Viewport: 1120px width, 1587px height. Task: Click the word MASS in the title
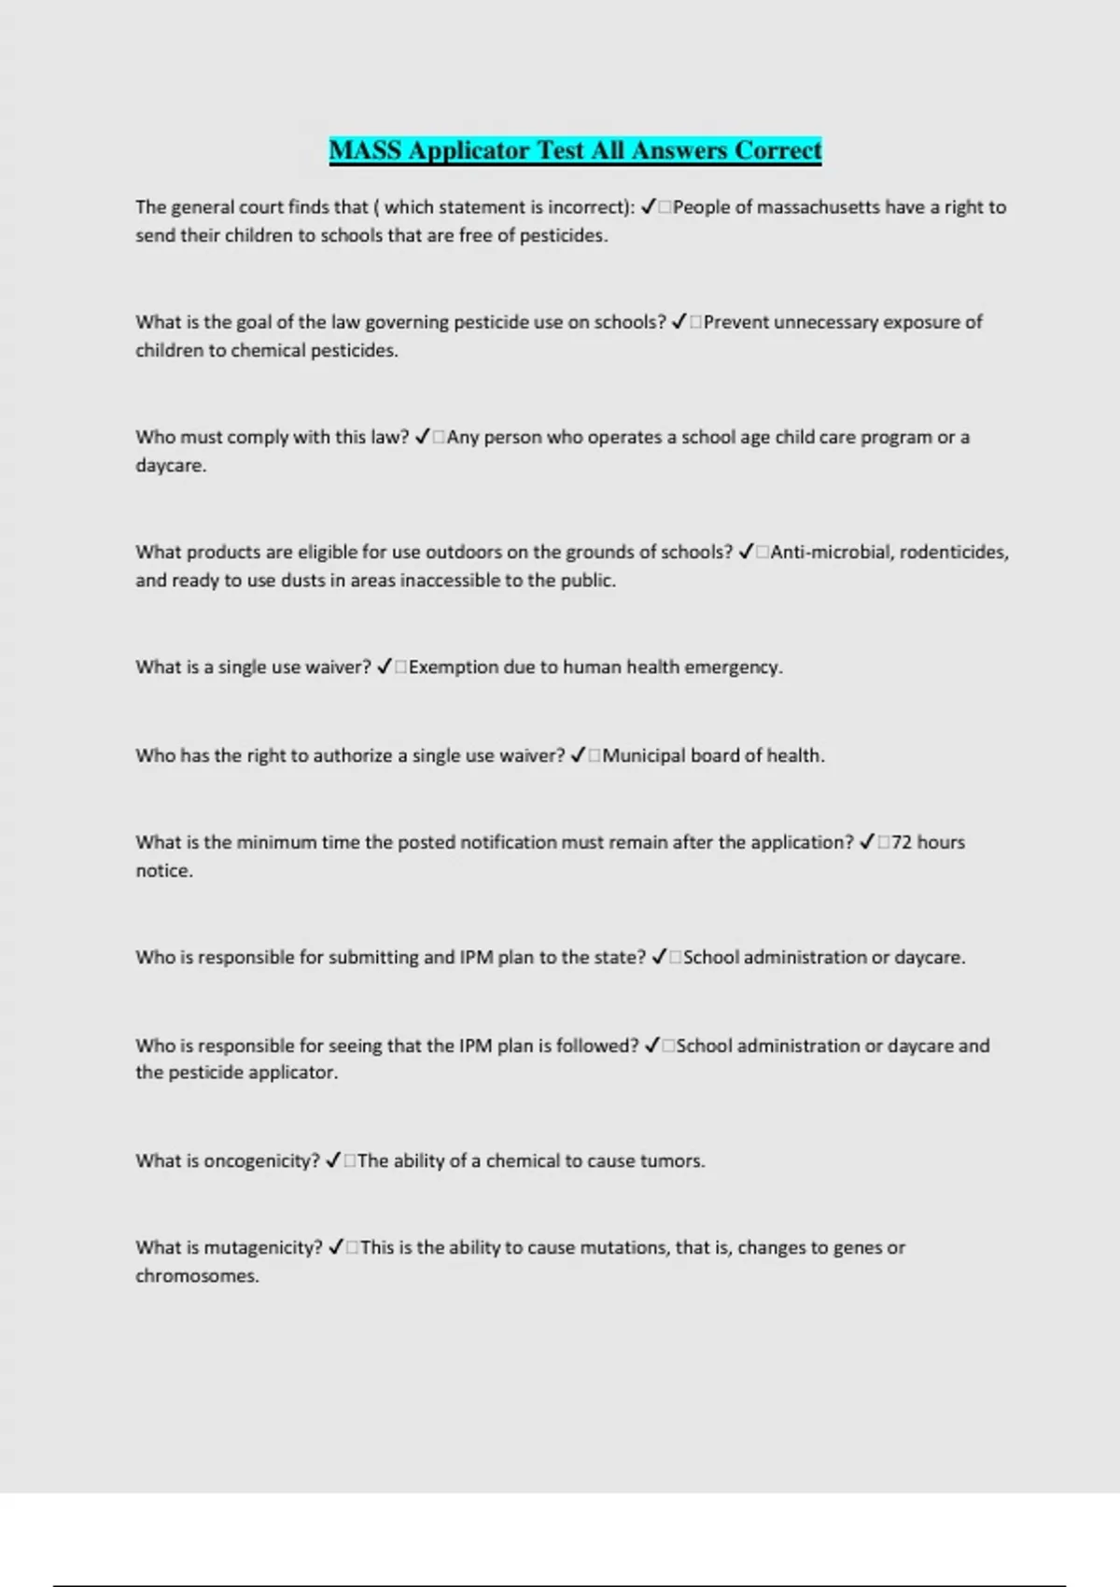click(x=365, y=150)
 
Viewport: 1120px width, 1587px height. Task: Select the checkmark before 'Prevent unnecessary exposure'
click(x=679, y=322)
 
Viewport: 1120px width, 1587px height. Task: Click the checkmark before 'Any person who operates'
click(x=422, y=437)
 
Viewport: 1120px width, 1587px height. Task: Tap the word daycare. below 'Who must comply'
click(x=171, y=465)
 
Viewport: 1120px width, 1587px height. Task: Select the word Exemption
click(x=453, y=667)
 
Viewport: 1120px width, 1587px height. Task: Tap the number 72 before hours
click(x=901, y=842)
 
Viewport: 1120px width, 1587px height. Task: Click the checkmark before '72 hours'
click(x=866, y=842)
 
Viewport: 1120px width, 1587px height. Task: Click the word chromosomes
click(x=197, y=1275)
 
